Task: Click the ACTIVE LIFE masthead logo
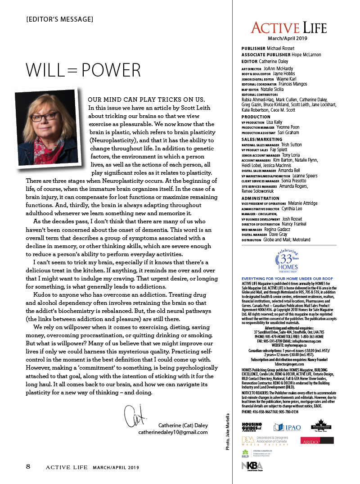(x=288, y=28)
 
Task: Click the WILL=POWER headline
(x=83, y=70)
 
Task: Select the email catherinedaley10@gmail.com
(x=173, y=432)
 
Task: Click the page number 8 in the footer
(x=28, y=466)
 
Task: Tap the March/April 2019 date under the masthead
(x=288, y=39)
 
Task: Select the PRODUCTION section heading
(x=256, y=117)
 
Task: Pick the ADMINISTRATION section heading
(x=261, y=199)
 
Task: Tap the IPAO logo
(x=288, y=427)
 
